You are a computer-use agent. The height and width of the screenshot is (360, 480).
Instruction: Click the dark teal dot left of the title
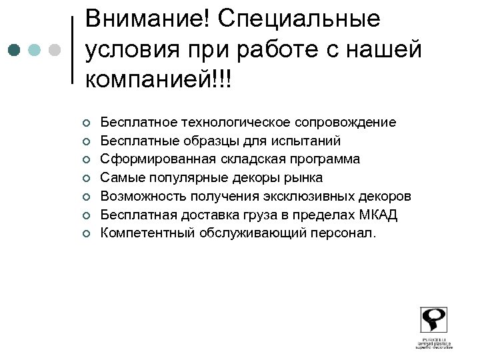pos(15,50)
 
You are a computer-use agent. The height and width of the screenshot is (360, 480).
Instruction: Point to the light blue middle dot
pos(35,50)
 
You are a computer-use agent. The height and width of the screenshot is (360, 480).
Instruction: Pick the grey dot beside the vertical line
pos(55,50)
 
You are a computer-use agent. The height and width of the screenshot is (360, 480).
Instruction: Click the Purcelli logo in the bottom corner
pos(434,327)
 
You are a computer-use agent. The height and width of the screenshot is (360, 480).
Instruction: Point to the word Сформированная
pos(149,159)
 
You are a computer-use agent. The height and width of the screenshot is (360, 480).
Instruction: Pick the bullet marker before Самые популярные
pos(86,178)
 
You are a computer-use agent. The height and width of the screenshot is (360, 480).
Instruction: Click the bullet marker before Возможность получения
pos(86,197)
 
